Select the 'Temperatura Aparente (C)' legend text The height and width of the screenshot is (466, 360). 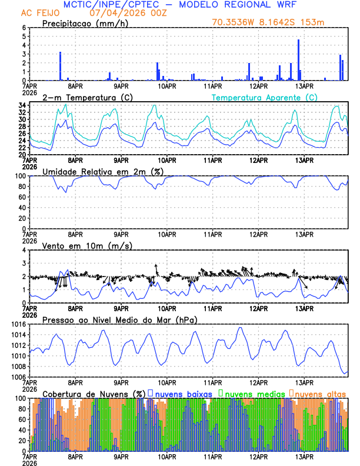[265, 97]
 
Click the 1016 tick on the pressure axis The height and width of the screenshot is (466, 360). [17, 324]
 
